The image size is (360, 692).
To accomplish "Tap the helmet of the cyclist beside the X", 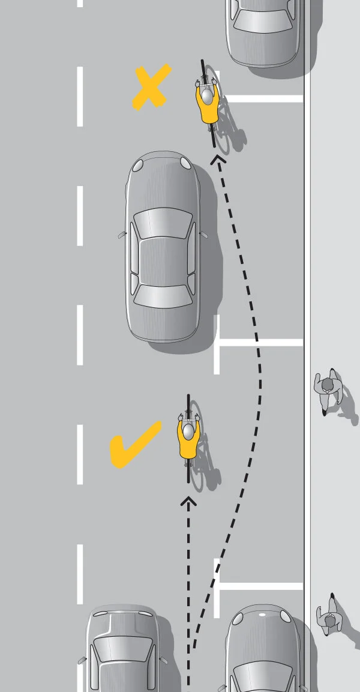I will (x=207, y=94).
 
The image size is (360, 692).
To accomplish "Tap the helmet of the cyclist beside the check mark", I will (x=188, y=430).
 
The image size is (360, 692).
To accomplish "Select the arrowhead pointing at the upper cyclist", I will (x=216, y=159).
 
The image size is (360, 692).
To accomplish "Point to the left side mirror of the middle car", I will (x=122, y=235).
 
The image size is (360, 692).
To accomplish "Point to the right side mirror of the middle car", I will (x=202, y=234).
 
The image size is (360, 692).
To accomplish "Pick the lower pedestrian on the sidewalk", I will (x=329, y=613).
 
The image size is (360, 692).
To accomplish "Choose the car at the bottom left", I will (x=124, y=651).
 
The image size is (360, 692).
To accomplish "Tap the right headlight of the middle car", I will (x=185, y=163).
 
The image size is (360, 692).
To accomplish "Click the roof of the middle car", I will (x=162, y=258).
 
